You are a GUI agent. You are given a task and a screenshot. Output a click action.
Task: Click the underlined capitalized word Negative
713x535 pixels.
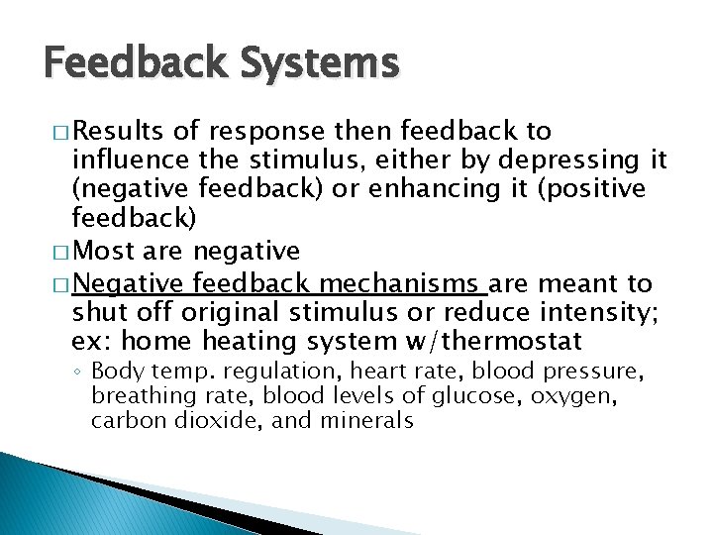127,284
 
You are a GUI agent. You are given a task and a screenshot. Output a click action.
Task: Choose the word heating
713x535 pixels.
246,342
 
